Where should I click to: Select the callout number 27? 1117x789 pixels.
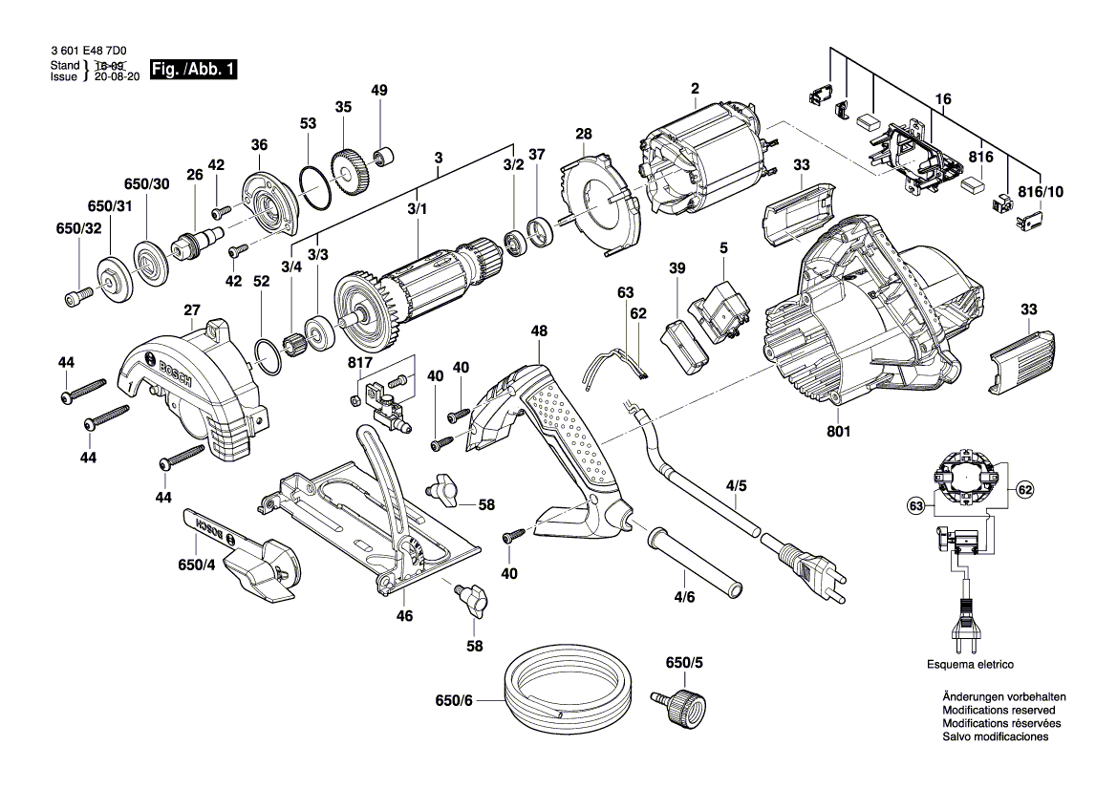[191, 309]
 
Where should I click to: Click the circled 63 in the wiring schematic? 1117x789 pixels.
[915, 502]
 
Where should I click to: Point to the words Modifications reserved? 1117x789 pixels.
[999, 711]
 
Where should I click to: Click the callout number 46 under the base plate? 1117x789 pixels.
[404, 616]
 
